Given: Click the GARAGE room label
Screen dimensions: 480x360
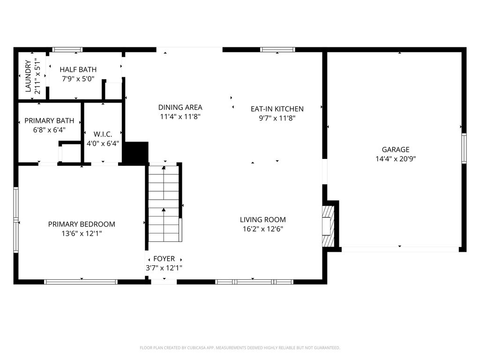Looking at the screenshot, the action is [x=396, y=150].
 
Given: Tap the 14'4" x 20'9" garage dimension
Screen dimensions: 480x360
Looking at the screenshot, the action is [x=396, y=158].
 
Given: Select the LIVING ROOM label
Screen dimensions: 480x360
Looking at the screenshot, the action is [x=262, y=219].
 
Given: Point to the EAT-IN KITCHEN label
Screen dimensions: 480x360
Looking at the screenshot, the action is [x=277, y=109].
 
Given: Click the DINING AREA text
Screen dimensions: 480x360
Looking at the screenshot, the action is [x=180, y=107].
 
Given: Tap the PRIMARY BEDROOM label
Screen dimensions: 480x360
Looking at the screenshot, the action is [x=82, y=224].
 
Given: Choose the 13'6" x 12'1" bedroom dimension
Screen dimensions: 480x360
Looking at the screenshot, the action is [x=82, y=233].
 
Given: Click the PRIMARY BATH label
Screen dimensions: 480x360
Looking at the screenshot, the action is [x=49, y=120].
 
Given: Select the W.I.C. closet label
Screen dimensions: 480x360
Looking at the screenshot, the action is [x=103, y=134].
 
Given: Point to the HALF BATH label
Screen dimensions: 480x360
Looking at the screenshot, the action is [x=78, y=69].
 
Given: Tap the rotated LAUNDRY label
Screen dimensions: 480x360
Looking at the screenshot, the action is [x=28, y=76].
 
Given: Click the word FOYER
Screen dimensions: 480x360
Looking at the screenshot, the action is [x=164, y=259].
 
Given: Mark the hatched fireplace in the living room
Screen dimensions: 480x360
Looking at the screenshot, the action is [x=328, y=226].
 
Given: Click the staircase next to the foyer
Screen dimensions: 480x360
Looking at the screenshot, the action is [x=164, y=203].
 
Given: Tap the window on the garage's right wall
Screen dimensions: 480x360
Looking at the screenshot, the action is [x=464, y=149].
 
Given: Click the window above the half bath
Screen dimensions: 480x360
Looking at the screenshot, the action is [x=67, y=50].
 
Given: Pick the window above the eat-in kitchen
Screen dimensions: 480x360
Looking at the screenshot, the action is [x=277, y=50].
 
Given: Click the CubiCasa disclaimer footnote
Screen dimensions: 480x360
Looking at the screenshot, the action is [x=240, y=348].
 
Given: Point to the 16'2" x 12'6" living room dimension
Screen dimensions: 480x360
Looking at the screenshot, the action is [x=262, y=229].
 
